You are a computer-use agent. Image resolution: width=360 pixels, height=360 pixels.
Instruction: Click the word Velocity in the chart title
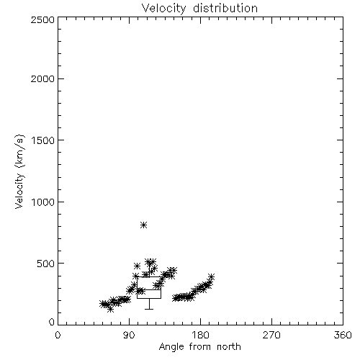[163, 9]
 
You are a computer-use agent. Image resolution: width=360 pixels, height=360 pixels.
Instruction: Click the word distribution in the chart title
[225, 8]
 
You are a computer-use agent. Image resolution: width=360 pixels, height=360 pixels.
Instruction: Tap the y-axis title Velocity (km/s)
[19, 171]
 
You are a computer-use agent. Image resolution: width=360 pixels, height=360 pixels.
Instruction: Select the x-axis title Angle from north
[199, 347]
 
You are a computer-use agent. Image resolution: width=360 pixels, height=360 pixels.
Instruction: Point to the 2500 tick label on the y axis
[42, 19]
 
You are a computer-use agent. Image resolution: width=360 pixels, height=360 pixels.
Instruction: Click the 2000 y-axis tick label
[42, 78]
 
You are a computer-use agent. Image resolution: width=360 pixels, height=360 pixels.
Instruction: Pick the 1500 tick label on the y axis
[43, 140]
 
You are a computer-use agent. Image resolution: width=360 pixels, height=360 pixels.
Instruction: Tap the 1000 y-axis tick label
[43, 202]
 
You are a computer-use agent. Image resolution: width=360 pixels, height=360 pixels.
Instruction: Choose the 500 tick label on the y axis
[46, 264]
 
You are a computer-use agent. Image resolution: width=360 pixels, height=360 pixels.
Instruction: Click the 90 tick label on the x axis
[129, 335]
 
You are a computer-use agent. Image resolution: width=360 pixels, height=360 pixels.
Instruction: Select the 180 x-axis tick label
[200, 335]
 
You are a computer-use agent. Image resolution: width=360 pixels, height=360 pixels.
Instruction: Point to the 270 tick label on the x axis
[271, 335]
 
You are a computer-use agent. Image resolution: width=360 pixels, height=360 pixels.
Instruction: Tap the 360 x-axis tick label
[343, 335]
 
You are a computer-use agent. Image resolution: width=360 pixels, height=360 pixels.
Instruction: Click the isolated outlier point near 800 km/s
[143, 225]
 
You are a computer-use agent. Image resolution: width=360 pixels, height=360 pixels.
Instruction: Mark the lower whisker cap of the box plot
[149, 309]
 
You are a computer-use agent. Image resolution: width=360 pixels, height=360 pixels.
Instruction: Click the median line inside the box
[149, 289]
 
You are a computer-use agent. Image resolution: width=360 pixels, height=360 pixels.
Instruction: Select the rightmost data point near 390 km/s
[211, 276]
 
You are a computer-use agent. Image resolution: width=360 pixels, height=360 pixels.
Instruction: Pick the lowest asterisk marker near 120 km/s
[110, 310]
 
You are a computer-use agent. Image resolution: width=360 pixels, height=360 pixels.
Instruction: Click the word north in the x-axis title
[229, 347]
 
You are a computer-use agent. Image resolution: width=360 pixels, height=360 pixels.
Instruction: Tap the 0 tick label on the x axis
[58, 335]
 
